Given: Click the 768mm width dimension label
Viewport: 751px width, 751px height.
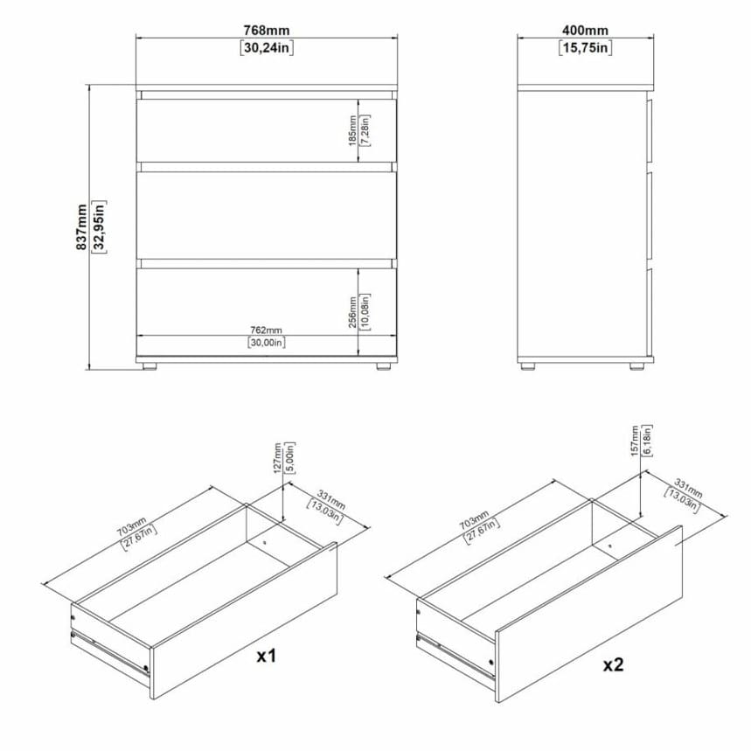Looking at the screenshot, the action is (267, 31).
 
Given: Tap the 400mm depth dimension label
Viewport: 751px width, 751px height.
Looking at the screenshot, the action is (585, 31).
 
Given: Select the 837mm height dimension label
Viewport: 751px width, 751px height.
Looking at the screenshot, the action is (81, 226).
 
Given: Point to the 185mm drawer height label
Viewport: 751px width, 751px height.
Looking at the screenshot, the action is (352, 130).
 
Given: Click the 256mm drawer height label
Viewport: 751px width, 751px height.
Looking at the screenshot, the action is (352, 312).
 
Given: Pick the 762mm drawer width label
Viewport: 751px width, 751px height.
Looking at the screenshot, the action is (267, 330).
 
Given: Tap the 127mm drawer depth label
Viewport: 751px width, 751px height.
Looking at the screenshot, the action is (277, 458).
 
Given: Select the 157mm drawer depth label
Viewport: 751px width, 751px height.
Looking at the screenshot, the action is (635, 441).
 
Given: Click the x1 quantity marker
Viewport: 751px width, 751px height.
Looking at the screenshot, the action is (267, 656).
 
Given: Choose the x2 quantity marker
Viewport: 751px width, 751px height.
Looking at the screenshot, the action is (613, 664).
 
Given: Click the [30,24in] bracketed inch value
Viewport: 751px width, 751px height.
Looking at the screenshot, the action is (267, 48).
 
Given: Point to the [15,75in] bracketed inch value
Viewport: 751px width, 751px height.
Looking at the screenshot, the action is (585, 48).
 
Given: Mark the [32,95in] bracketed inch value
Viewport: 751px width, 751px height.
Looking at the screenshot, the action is (99, 226).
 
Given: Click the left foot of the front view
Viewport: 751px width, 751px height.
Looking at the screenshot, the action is (150, 366).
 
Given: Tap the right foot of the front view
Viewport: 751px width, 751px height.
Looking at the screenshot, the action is (383, 366).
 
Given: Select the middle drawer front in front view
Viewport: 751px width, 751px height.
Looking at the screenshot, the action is (267, 216).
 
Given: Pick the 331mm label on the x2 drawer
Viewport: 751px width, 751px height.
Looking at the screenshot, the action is (688, 487).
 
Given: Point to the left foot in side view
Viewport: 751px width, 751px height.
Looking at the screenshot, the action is (527, 366).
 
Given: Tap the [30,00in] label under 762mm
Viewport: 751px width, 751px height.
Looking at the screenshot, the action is (267, 342).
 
